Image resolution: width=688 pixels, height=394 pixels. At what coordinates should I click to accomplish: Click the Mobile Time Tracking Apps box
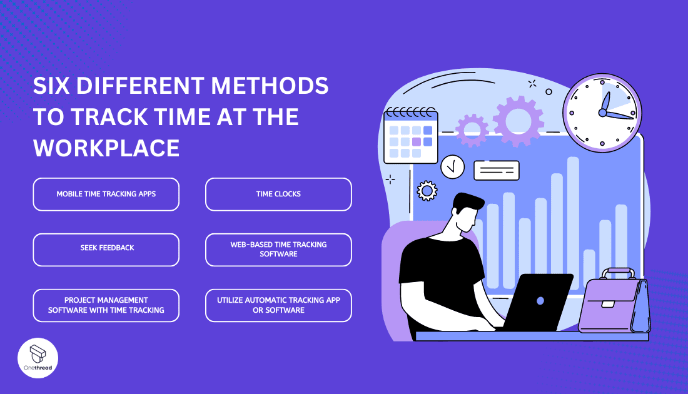coord(106,194)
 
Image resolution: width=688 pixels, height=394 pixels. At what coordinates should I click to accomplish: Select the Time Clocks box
coord(278,194)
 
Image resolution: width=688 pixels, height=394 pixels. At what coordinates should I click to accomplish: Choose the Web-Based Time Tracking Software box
coord(278,250)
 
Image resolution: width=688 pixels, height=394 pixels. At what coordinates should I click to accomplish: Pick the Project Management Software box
coord(106,305)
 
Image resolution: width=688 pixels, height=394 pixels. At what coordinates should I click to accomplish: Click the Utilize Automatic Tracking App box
coord(278,305)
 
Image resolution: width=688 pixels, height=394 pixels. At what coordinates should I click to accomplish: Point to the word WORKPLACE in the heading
coord(106,148)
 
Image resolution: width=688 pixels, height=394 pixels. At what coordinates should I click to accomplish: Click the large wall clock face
coord(602,113)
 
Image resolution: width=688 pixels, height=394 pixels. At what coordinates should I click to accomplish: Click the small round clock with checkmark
coord(452,167)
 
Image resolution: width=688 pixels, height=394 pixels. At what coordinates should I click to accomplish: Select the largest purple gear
coord(518,121)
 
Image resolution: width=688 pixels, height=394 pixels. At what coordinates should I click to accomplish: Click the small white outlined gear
coord(427,190)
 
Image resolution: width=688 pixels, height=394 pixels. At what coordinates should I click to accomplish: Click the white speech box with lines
coord(496,170)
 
